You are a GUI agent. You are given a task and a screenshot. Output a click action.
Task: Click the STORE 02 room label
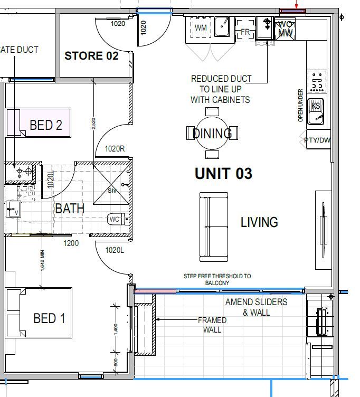(91, 55)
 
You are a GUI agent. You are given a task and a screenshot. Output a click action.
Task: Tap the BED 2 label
(45, 125)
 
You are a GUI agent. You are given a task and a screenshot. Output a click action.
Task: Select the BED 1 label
(49, 318)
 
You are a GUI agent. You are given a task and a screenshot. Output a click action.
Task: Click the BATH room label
(70, 209)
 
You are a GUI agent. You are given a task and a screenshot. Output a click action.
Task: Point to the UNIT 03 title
(223, 173)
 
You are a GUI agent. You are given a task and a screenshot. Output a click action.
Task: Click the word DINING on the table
(212, 133)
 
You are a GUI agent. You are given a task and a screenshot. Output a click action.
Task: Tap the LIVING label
(259, 222)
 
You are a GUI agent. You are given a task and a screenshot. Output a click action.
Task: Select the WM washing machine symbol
(201, 27)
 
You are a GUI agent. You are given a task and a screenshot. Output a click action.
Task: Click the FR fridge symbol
(245, 32)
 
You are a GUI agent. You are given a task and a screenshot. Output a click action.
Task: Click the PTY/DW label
(317, 140)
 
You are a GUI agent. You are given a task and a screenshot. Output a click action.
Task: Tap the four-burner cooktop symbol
(317, 81)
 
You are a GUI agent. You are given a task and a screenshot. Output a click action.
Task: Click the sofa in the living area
(213, 227)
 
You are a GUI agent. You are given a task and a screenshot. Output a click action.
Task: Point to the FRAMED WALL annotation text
(212, 325)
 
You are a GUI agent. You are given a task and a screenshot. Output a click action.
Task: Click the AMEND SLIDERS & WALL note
(256, 307)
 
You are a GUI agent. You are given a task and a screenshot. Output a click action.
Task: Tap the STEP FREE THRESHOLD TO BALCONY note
(217, 279)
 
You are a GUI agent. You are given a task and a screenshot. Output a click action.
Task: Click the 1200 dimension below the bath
(71, 243)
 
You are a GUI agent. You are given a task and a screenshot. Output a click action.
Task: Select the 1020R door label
(115, 149)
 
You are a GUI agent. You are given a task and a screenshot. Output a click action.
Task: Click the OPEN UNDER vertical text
(300, 105)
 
